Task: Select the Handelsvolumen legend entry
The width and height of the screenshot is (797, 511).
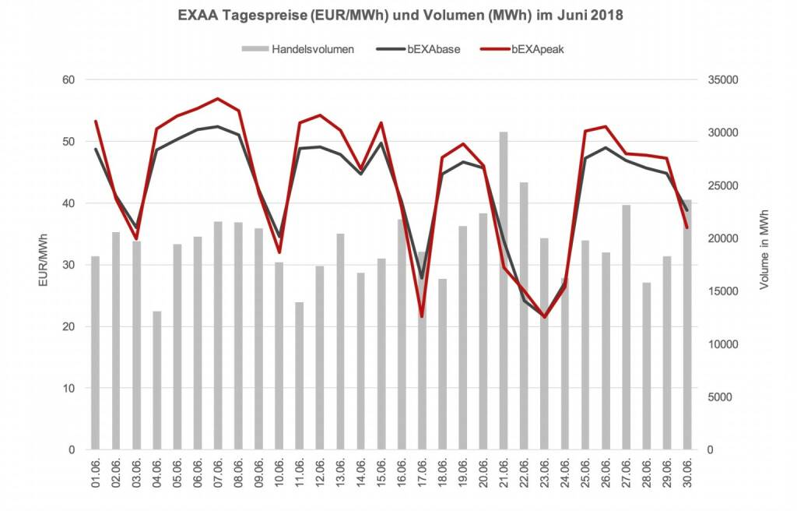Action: [x=313, y=49]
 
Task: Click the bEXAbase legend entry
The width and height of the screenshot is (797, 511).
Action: [x=433, y=49]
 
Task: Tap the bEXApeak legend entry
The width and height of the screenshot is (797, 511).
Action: [x=538, y=49]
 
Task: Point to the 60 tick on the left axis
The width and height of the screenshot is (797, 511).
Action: [x=69, y=80]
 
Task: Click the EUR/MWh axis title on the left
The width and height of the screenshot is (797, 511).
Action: [x=45, y=265]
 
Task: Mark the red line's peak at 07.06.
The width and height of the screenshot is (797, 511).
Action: [x=218, y=99]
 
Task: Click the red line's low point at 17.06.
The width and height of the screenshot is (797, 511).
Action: [x=422, y=316]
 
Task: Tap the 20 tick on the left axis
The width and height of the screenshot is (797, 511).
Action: [x=69, y=326]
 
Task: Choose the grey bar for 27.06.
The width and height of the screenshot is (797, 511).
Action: [x=627, y=327]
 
